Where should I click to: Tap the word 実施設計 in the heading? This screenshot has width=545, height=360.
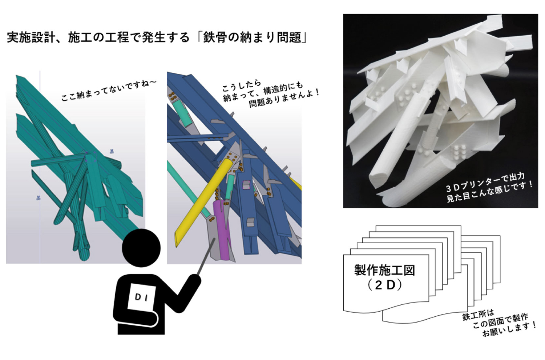tap(31, 38)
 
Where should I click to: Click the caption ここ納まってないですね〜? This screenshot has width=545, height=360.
tap(109, 90)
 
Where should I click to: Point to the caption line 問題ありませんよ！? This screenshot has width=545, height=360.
tap(284, 99)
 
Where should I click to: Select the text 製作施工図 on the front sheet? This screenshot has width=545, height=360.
tap(384, 270)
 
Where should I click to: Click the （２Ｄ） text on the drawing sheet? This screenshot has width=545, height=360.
tap(384, 285)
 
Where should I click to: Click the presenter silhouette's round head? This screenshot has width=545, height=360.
tap(141, 248)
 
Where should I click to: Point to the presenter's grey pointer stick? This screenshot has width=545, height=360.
tap(206, 256)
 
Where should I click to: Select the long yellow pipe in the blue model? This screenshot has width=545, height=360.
tap(204, 203)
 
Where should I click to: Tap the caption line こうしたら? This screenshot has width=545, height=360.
tap(241, 86)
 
